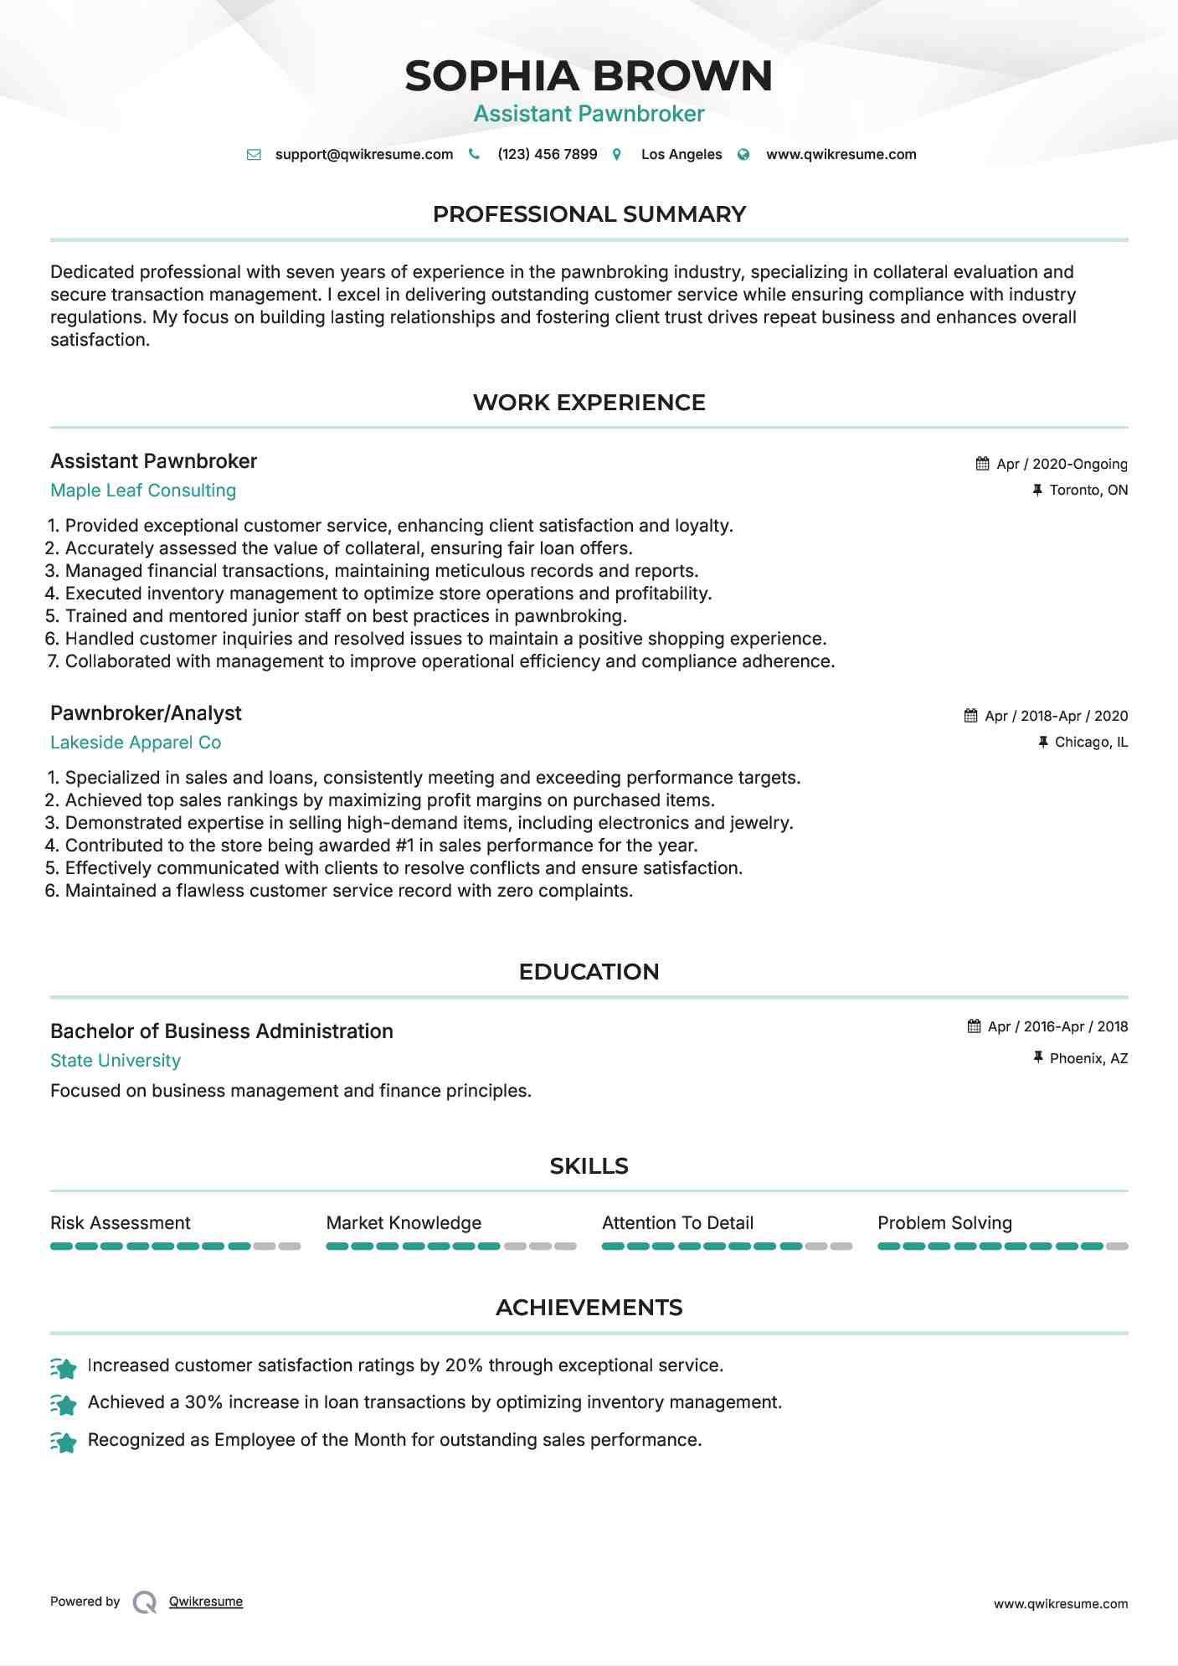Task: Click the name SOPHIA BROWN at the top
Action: (589, 76)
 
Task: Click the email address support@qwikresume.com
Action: (363, 154)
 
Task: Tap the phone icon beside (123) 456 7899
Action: (474, 154)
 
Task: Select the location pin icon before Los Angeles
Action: (617, 154)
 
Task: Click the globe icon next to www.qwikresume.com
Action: (743, 154)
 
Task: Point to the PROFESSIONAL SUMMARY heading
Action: (589, 214)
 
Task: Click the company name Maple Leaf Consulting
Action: (143, 491)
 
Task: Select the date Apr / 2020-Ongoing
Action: (1062, 464)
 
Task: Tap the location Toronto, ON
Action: (1088, 490)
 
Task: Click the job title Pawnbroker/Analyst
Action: (146, 713)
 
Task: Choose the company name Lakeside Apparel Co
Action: (136, 743)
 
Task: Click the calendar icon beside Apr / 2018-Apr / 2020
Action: (970, 716)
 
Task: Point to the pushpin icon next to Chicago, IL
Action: (1042, 742)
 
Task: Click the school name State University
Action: (116, 1061)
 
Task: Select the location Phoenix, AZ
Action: (1088, 1058)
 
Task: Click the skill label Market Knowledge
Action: (404, 1223)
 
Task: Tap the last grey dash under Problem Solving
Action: (1117, 1247)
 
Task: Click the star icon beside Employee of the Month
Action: (64, 1442)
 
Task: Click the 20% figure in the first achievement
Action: (464, 1365)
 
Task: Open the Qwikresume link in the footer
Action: (206, 1602)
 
